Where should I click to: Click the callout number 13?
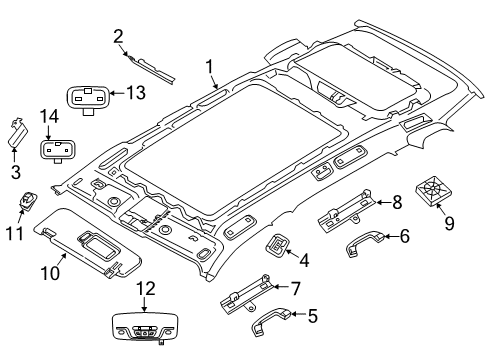(136, 92)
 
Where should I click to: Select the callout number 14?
(49, 117)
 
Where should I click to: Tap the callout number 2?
(118, 37)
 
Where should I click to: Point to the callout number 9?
(449, 223)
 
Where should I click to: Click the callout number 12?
(146, 289)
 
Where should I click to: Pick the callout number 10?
(50, 273)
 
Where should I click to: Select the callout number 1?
(209, 67)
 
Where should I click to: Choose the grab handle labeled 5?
(271, 320)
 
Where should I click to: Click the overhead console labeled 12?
(144, 326)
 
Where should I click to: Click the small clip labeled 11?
(27, 201)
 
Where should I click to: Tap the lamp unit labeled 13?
(88, 97)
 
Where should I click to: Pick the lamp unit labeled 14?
(57, 150)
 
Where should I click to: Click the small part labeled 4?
(276, 246)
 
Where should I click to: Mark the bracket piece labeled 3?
(18, 133)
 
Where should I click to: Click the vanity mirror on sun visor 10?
(99, 247)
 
